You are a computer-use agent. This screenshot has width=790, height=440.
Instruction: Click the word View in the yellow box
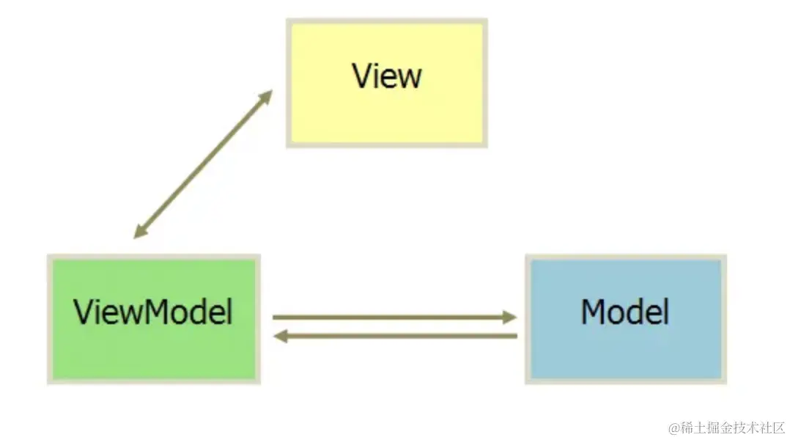[x=387, y=76]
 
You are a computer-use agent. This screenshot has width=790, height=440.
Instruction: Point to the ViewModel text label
[x=153, y=312]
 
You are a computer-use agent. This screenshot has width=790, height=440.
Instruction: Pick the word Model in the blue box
[x=625, y=312]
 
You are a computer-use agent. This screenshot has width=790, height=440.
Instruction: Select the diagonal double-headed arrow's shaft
[x=203, y=164]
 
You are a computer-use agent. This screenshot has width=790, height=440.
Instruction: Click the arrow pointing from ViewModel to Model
[x=388, y=318]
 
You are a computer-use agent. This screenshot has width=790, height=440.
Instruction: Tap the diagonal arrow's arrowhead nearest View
[x=265, y=97]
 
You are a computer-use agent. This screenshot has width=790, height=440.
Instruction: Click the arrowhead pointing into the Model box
[x=509, y=318]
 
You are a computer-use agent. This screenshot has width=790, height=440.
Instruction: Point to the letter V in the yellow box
[x=362, y=76]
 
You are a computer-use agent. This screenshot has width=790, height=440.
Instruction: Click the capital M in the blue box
[x=593, y=312]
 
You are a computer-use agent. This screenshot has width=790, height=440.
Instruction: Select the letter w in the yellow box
[x=410, y=78]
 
